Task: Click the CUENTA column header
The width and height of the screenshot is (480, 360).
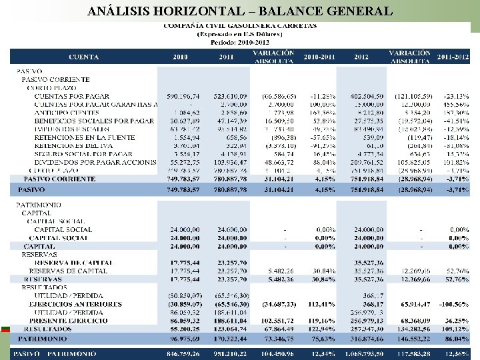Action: click(83, 57)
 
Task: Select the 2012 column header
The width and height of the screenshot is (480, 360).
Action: click(362, 57)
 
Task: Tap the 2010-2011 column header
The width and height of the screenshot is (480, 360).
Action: click(319, 57)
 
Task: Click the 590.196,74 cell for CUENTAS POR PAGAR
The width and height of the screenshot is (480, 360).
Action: click(182, 95)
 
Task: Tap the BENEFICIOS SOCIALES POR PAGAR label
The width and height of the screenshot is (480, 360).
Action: click(94, 121)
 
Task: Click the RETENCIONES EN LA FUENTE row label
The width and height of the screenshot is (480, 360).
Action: click(84, 137)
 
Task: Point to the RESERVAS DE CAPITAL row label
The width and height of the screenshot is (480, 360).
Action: click(68, 271)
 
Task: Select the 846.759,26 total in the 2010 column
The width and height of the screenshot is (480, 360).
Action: click(181, 352)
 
